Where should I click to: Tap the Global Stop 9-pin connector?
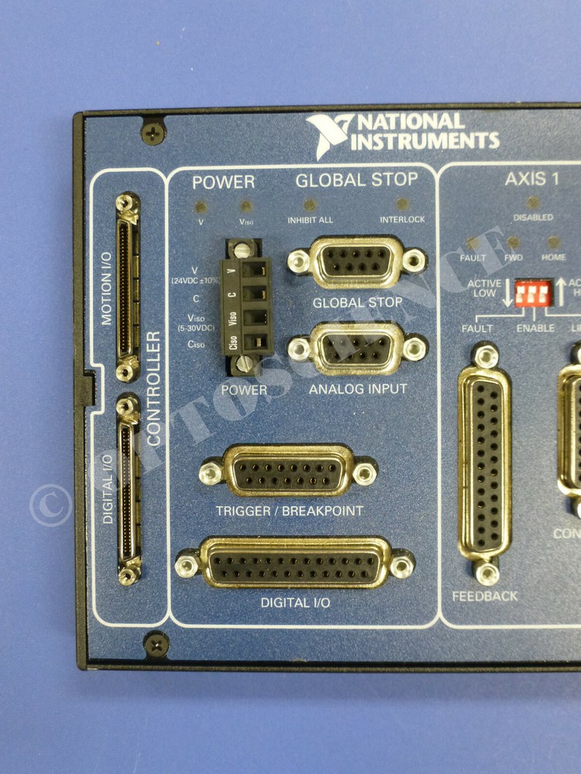point(356,261)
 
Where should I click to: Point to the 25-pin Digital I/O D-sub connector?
point(294,563)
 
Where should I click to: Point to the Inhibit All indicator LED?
point(310,206)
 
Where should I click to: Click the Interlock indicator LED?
point(402,205)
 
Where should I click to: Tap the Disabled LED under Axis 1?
point(533,204)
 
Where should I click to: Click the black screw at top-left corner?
point(153,129)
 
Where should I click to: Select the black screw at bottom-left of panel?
point(156,642)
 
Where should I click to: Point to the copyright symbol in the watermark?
point(50,505)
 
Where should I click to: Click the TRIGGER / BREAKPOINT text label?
point(289,511)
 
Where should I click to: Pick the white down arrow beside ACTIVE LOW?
point(508,293)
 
